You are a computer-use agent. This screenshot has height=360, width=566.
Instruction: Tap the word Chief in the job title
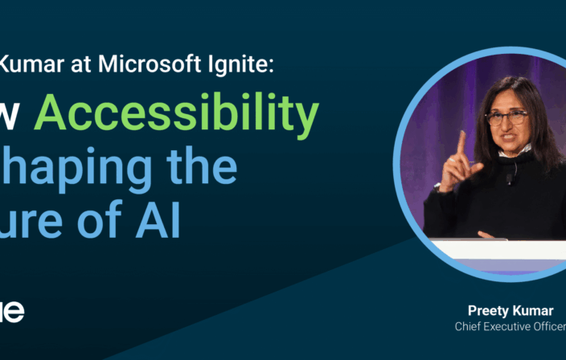[x=470, y=326]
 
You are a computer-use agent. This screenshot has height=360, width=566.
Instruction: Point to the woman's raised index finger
[x=461, y=142]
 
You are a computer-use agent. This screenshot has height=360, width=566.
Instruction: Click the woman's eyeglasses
[x=506, y=118]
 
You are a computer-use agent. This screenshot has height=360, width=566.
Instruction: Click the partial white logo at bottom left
[x=11, y=311]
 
